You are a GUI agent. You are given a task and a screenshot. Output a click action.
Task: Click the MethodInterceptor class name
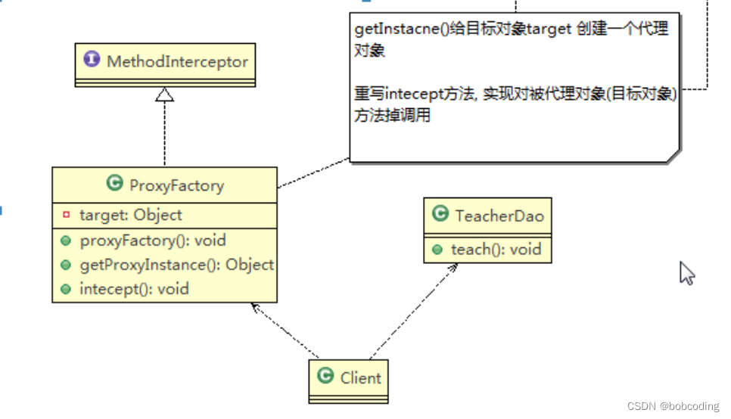[x=178, y=62]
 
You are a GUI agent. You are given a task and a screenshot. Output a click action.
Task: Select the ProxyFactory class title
[x=176, y=185]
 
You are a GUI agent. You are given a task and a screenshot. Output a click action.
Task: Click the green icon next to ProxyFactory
[x=115, y=184]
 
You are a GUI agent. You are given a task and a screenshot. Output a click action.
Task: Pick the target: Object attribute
[x=130, y=215]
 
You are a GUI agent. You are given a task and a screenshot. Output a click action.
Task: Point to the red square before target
[x=66, y=215]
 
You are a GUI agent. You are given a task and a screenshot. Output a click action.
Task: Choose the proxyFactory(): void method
[x=152, y=241]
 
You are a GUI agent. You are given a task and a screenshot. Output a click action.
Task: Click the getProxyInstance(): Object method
[x=176, y=265]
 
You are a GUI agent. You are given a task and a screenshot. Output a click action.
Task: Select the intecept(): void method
[x=134, y=289]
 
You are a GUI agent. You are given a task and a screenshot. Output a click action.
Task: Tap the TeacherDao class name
[x=499, y=216]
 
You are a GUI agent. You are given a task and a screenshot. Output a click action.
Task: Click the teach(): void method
[x=496, y=249]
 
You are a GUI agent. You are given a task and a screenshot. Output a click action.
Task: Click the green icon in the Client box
[x=326, y=377]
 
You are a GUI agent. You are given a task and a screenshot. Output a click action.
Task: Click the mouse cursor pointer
[x=686, y=272]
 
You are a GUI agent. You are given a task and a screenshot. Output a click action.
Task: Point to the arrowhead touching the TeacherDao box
[x=454, y=268]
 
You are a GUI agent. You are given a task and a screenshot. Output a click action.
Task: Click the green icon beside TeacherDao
[x=440, y=216]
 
